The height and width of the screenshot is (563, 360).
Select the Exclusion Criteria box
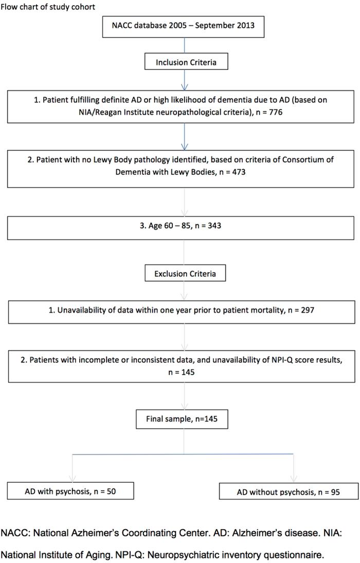coord(185,274)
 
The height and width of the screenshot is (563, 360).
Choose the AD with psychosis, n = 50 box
coord(70,491)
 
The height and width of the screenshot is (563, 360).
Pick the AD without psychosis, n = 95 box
coord(281,492)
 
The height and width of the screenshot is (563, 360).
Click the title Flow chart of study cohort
coord(48,7)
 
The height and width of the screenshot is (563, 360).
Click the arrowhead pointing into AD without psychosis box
coord(294,478)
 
